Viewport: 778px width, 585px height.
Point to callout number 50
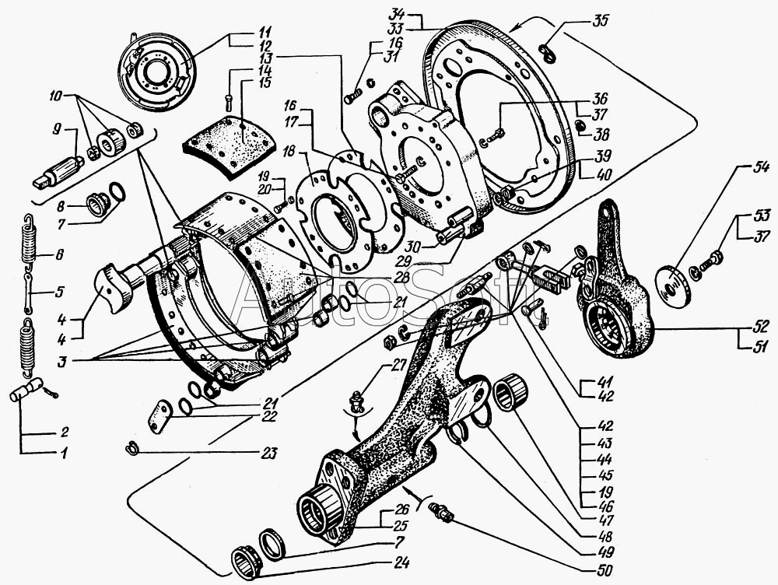605,570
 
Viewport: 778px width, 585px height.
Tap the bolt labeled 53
706,260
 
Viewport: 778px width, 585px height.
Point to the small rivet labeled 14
228,102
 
